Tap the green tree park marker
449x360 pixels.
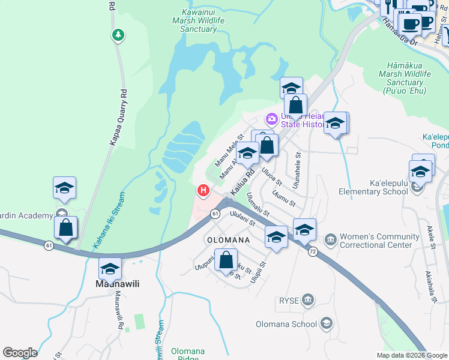tap(119, 35)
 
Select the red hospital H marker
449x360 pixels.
tap(203, 191)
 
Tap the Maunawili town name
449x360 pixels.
tap(118, 284)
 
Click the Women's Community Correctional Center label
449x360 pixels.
tap(379, 241)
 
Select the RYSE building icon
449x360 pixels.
tap(307, 299)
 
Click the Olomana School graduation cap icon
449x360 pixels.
tap(326, 324)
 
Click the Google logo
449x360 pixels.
tap(20, 353)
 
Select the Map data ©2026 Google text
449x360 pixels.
tap(412, 355)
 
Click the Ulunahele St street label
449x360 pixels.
tap(298, 169)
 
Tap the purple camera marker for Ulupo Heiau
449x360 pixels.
tap(271, 118)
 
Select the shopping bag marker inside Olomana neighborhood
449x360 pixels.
tap(226, 260)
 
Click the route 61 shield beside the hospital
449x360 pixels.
tap(215, 214)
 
